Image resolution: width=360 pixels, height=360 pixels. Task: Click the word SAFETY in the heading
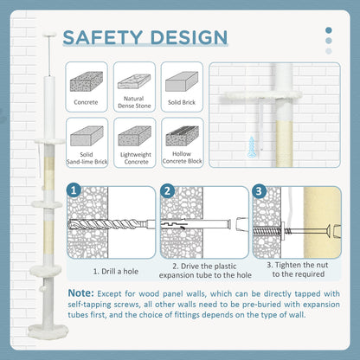tap(103, 37)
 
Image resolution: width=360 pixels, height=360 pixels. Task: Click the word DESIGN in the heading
tap(190, 37)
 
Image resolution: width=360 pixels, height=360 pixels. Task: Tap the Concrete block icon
tap(87, 81)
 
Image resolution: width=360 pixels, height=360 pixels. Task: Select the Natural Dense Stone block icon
tap(134, 81)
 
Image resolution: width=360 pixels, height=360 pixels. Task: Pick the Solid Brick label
tap(182, 102)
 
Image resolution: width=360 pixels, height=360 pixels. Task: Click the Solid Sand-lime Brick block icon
tap(87, 136)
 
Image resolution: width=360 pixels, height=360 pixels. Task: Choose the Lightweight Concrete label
tap(136, 158)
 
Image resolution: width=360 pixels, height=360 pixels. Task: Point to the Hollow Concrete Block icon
tap(182, 136)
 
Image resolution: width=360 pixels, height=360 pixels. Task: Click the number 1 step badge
tap(74, 190)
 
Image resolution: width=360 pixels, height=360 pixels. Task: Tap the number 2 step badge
tap(167, 191)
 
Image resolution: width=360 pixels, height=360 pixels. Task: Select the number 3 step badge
tap(259, 191)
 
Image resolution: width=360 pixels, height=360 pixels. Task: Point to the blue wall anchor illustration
tap(252, 147)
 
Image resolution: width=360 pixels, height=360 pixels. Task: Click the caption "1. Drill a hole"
tap(116, 272)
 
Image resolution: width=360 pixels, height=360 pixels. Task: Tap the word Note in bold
tap(80, 293)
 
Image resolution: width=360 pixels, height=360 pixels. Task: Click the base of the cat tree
tap(48, 330)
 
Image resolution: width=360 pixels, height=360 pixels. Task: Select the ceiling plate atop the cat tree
tap(49, 35)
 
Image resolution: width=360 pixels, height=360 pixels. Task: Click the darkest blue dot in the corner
tap(328, 30)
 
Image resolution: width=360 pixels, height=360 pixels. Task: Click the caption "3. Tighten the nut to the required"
tap(298, 269)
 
